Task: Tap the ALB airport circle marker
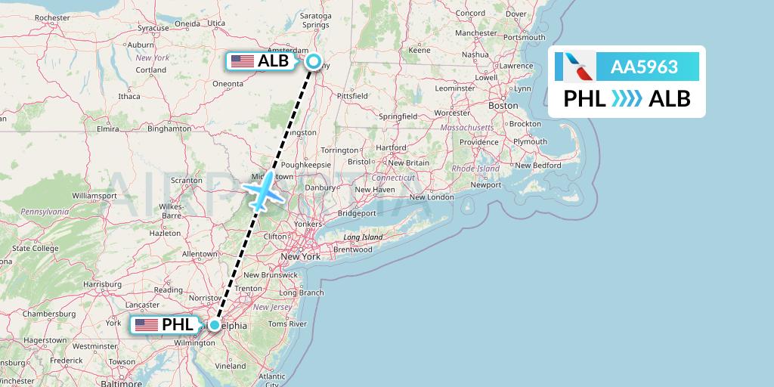coord(313,63)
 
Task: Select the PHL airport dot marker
coord(215,326)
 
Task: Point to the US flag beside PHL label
coord(147,325)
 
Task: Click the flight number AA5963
coord(645,67)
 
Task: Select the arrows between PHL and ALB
coord(627,98)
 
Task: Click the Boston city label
coord(503,107)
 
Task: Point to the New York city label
coord(301,257)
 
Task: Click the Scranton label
coord(186,181)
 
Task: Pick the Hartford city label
coord(391,147)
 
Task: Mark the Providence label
coord(479,142)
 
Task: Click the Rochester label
coord(52,17)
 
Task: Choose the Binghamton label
coord(169,128)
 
